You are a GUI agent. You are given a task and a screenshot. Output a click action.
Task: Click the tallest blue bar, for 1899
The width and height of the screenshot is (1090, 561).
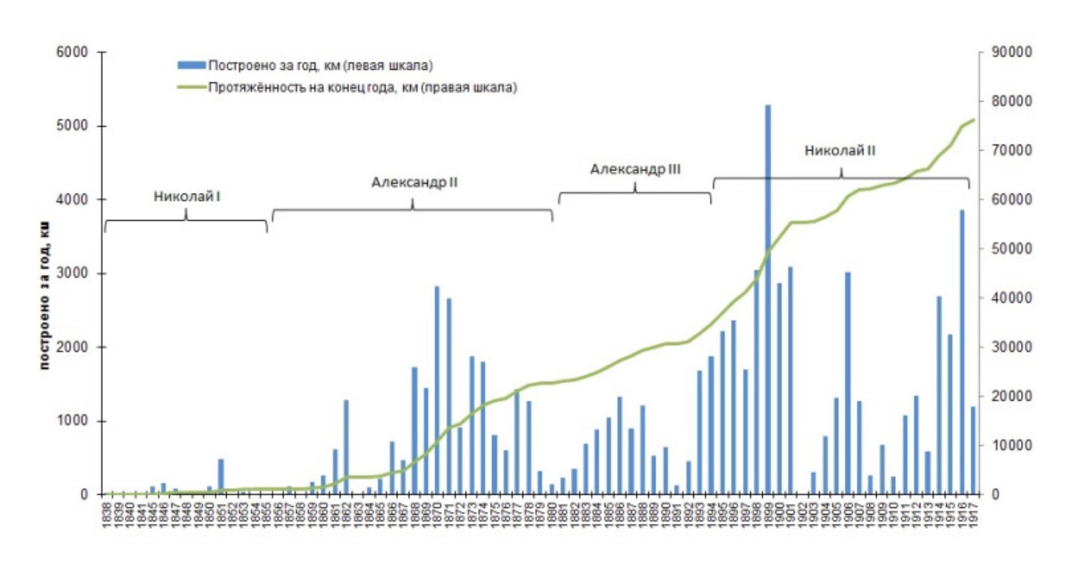[767, 298]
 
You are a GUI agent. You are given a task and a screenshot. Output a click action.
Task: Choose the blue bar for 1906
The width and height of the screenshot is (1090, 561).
[847, 382]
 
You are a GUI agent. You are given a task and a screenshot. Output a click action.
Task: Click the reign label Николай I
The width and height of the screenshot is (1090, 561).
[187, 197]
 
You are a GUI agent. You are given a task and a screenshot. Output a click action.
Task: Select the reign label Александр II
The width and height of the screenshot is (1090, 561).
[414, 183]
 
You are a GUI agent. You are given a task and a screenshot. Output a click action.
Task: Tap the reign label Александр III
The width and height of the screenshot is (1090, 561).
[635, 169]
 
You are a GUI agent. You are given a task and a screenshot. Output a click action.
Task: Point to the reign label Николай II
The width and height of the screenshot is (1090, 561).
[839, 150]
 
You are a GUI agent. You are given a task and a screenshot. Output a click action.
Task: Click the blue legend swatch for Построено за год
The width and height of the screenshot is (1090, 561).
[191, 65]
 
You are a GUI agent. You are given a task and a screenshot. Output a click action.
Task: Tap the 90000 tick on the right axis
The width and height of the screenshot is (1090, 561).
[1011, 52]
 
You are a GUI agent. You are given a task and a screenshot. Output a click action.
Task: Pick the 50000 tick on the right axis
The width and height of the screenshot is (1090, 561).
[1011, 249]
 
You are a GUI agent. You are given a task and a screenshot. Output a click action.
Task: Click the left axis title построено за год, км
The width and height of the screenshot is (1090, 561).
[45, 295]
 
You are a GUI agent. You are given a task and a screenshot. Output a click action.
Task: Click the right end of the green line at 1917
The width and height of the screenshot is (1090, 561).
[974, 120]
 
